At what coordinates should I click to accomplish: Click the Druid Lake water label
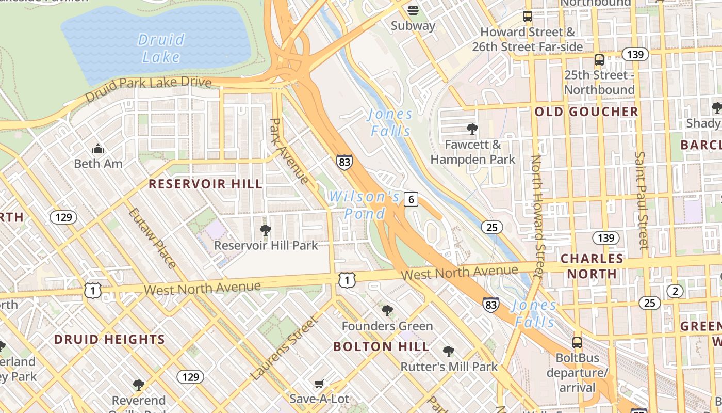click(161, 47)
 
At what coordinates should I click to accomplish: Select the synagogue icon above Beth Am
click(98, 149)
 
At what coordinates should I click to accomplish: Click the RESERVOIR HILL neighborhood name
click(205, 184)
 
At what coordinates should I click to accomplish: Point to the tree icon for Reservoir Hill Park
click(266, 230)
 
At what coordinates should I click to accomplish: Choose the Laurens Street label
click(285, 348)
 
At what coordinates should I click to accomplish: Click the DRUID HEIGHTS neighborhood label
click(109, 339)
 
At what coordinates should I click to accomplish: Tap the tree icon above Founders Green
click(387, 310)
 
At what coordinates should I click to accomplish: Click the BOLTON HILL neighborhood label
click(381, 346)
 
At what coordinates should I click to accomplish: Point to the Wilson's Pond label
click(364, 205)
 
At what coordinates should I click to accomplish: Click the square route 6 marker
click(411, 199)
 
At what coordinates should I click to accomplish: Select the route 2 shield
click(675, 291)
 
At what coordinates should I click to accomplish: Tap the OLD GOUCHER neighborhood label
click(586, 112)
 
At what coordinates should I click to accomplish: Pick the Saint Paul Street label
click(641, 200)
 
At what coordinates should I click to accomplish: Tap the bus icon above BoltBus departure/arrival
click(577, 342)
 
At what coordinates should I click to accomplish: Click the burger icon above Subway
click(413, 10)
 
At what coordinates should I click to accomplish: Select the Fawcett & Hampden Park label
click(473, 152)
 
